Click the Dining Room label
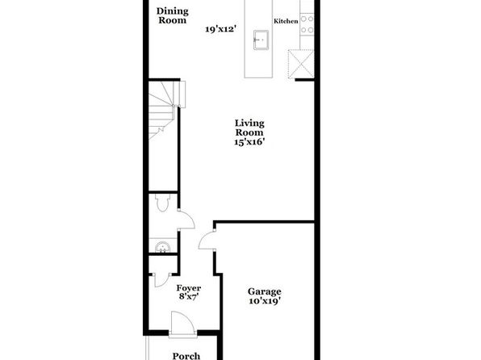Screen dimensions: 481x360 (173, 15)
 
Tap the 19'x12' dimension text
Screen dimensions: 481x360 (220, 29)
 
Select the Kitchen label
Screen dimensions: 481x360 (286, 21)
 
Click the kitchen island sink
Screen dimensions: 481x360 (261, 40)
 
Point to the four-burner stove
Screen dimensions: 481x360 (307, 24)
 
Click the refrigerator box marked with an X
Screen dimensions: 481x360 (301, 64)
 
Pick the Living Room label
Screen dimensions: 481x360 (249, 128)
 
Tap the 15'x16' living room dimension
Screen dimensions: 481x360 (249, 142)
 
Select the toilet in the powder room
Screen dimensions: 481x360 (162, 203)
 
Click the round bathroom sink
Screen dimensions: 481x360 (162, 247)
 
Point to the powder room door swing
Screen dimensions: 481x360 (186, 220)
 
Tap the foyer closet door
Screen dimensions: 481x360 (162, 280)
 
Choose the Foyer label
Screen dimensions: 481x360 (189, 288)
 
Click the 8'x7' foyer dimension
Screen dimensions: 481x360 (189, 296)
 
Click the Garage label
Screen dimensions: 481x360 (265, 291)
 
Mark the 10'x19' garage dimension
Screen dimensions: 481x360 (265, 301)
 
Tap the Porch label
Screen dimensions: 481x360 (186, 356)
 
